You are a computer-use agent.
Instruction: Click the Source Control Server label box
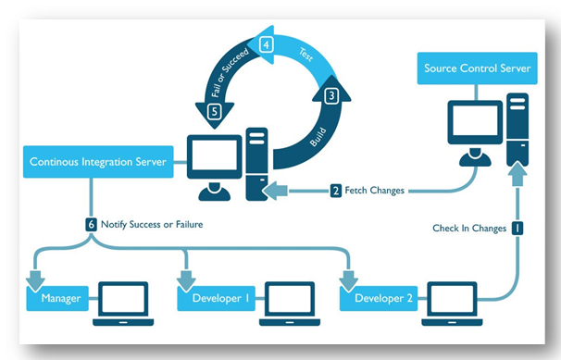477,68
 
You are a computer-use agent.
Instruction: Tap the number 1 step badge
517,227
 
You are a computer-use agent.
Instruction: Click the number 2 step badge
335,192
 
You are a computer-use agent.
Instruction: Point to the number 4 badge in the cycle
266,43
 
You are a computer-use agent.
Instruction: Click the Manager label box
59,300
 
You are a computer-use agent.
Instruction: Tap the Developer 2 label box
380,300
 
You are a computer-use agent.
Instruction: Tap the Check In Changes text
468,227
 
